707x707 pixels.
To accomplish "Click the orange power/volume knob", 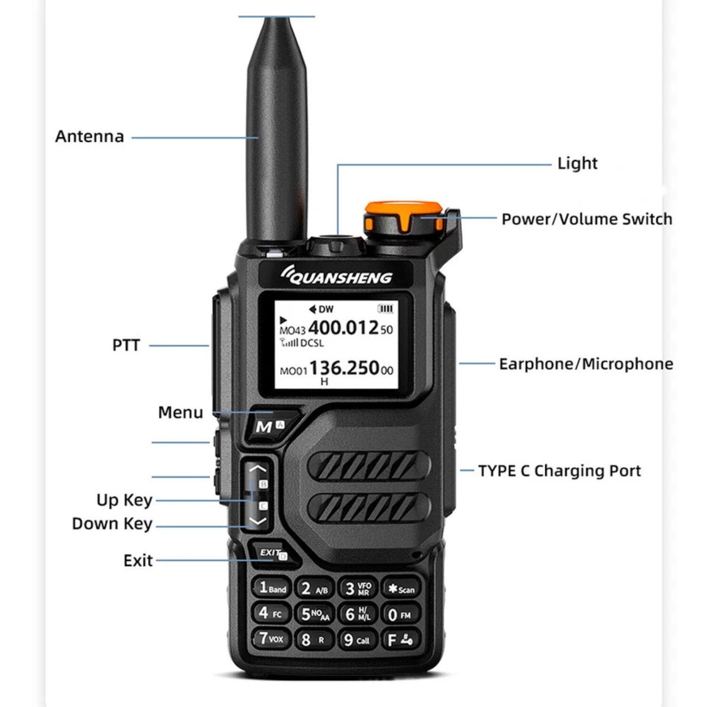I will coord(403,218).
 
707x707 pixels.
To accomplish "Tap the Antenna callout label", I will coord(90,137).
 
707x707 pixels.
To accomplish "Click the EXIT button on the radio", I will coord(272,553).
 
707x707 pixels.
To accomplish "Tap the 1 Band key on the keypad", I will coord(272,588).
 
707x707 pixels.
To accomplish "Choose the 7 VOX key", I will coord(271,639).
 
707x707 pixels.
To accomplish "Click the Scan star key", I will coord(400,589).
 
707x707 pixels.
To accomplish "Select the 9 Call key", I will coord(357,640).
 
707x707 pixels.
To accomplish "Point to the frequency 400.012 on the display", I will coord(344,328).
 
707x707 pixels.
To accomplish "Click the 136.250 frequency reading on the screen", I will coord(345,368).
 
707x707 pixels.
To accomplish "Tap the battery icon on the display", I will coord(385,309).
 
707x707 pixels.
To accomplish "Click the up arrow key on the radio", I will coord(258,469).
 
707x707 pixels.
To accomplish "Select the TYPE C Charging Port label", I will coord(559,471).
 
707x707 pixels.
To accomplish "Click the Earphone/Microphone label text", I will coord(586,364).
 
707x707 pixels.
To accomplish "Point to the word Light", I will coord(577,164).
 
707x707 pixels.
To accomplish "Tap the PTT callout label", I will coord(126,345).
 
